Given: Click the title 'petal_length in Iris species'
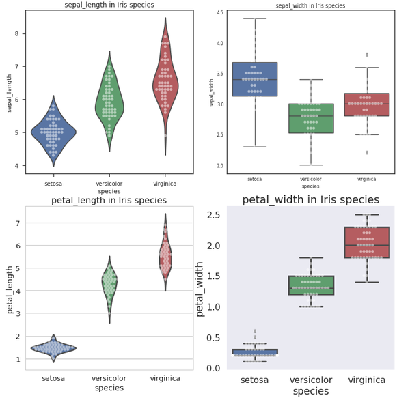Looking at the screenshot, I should click(x=109, y=200).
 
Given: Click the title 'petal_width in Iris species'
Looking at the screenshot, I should click(x=311, y=200).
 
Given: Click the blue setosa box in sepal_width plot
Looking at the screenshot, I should click(x=255, y=78).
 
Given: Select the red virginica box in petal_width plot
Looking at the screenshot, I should click(x=367, y=242).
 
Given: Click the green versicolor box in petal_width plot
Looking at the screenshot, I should click(x=311, y=285).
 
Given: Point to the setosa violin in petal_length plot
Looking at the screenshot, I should click(x=53, y=348).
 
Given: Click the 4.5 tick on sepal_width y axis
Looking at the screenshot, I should click(x=219, y=13).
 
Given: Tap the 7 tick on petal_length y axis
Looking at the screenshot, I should click(x=20, y=223).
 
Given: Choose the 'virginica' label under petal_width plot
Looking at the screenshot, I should click(x=367, y=380).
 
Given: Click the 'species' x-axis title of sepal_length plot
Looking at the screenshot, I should click(x=109, y=192).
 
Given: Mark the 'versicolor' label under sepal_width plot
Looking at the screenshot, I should click(x=311, y=179).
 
